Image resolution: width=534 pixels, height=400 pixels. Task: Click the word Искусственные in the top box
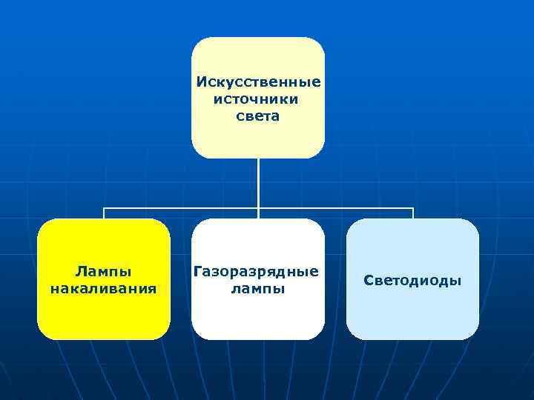tap(258, 81)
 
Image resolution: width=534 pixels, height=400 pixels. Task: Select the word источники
tap(257, 99)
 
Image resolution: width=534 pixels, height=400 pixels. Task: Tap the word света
tap(258, 116)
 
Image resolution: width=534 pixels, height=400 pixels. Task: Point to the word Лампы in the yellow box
tap(104, 271)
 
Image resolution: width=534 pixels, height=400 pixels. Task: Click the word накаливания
tap(104, 288)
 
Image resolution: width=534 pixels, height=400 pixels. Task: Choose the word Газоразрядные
tap(257, 271)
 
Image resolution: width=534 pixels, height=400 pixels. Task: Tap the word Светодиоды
tap(412, 280)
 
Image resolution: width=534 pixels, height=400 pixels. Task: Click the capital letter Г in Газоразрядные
tap(197, 271)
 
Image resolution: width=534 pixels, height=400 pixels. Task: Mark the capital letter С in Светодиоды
tap(368, 280)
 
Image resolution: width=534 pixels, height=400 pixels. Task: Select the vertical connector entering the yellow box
tap(104, 214)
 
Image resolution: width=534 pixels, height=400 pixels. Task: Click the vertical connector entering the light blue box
tap(412, 214)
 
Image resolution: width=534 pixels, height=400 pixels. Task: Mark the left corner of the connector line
tap(104, 209)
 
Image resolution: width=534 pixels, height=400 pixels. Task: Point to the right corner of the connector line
tap(412, 209)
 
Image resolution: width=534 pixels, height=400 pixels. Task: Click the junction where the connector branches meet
tap(258, 209)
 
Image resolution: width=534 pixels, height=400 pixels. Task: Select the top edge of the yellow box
tap(104, 219)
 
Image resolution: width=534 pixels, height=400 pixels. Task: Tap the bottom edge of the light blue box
tap(412, 339)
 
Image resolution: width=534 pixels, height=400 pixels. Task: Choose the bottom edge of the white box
tap(258, 339)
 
